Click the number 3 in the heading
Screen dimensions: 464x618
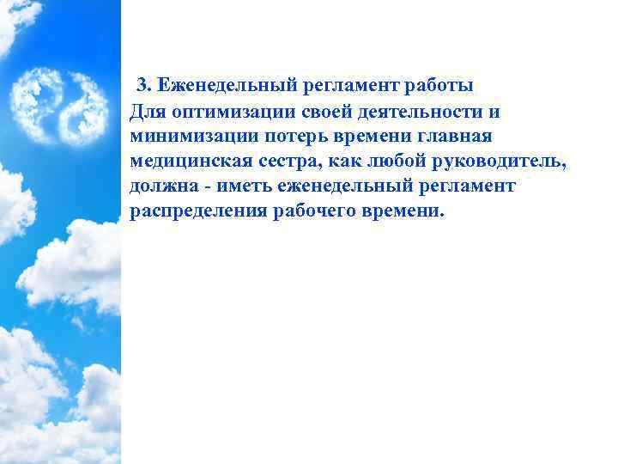point(142,86)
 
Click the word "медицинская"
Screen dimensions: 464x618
point(184,161)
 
